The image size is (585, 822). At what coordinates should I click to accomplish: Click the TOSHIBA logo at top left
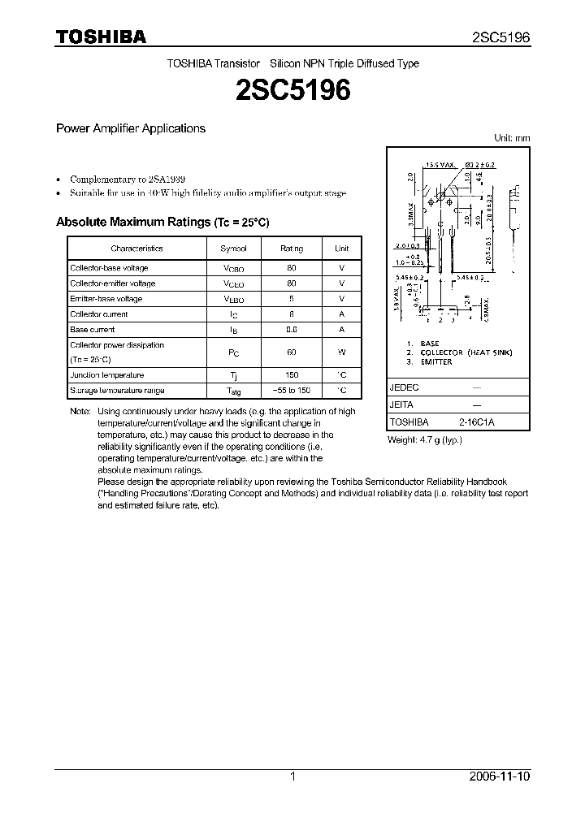point(100,37)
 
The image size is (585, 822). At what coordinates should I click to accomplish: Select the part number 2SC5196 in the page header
point(501,37)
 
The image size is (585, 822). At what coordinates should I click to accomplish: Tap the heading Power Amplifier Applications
point(130,128)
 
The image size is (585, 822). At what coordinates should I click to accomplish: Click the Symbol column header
point(233,249)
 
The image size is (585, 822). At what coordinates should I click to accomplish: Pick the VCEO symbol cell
point(233,283)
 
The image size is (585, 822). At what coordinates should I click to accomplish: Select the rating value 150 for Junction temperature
point(292,375)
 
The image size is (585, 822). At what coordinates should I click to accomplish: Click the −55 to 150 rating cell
point(292,391)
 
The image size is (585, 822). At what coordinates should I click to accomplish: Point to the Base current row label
point(93,330)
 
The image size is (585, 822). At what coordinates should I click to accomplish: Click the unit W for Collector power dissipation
point(342,353)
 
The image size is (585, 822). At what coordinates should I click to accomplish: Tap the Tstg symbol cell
point(233,392)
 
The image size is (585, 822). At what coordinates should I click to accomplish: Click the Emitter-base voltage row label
point(106,299)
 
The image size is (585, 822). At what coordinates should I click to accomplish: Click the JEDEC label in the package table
point(405,388)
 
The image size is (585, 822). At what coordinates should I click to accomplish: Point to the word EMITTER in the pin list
point(436,361)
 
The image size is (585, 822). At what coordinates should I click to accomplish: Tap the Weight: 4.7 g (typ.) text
point(425,439)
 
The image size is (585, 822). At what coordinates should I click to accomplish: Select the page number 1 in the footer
point(292,777)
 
